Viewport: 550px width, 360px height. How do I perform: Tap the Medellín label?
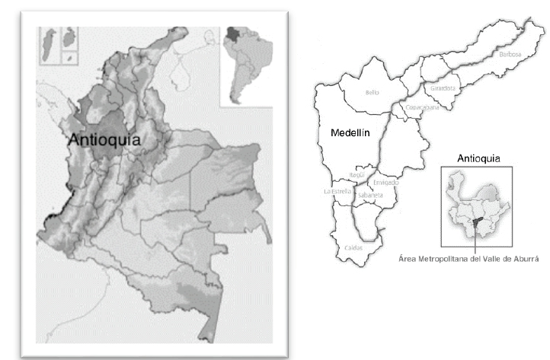(x=350, y=132)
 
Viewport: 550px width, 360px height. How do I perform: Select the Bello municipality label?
(x=372, y=92)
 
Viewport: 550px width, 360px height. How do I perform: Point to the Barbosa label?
(x=510, y=54)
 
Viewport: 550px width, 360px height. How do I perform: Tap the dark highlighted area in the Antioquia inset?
(x=475, y=222)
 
